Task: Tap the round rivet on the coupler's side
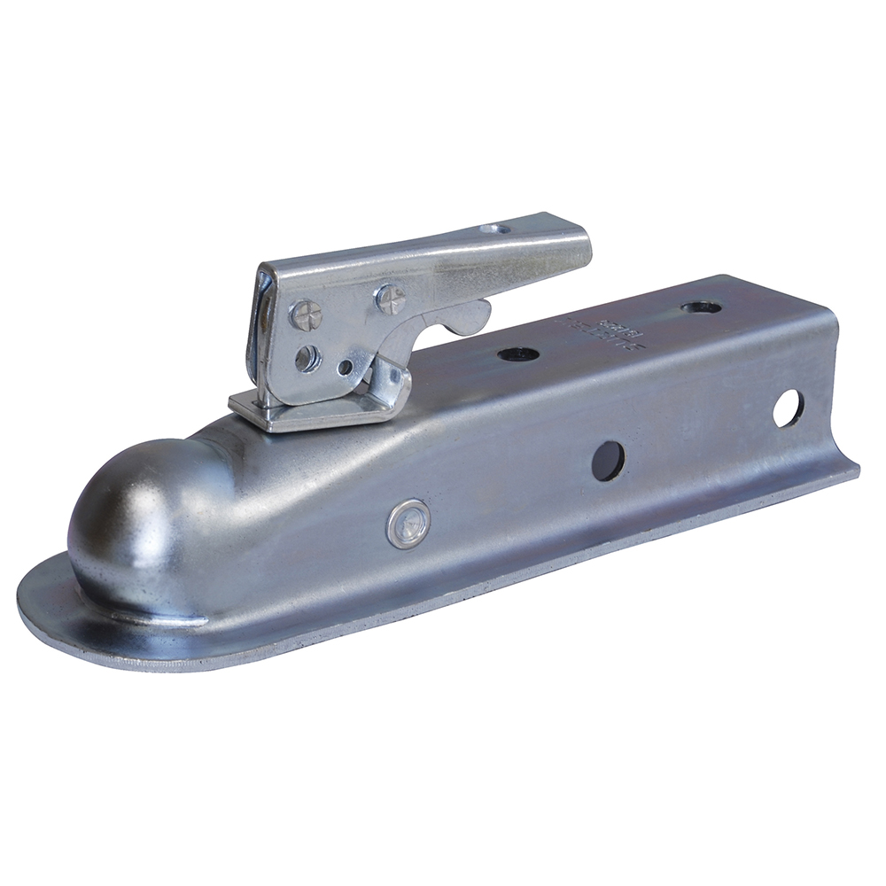click(408, 523)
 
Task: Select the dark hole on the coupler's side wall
click(608, 461)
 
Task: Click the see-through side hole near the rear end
click(786, 408)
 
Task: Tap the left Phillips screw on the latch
click(303, 313)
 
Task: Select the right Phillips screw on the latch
click(389, 298)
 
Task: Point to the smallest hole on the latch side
click(345, 365)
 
